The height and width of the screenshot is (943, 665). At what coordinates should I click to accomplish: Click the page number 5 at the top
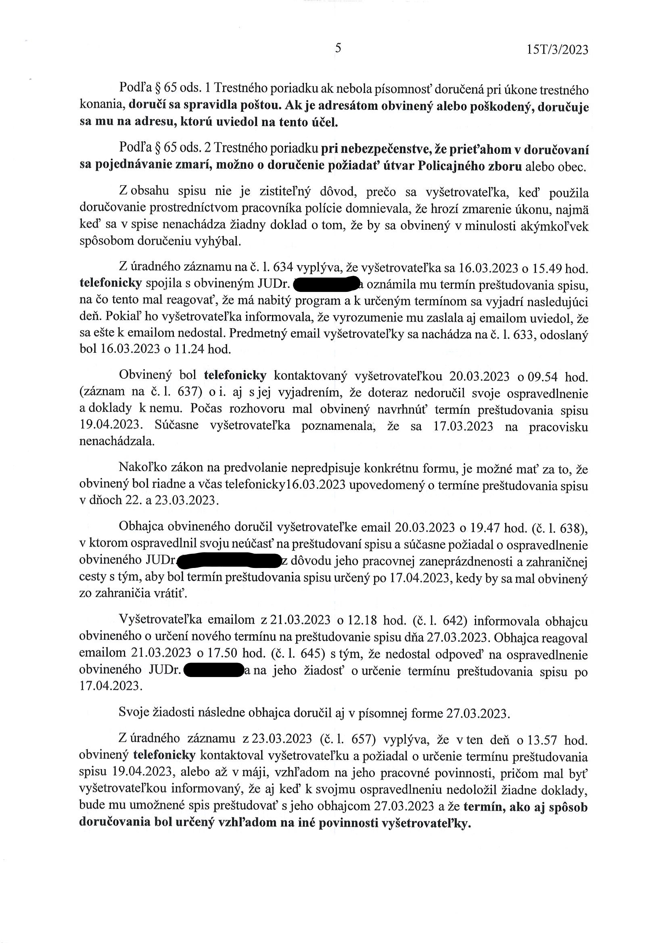[x=338, y=48]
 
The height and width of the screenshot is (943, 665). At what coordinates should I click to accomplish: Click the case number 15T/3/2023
[x=557, y=50]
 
